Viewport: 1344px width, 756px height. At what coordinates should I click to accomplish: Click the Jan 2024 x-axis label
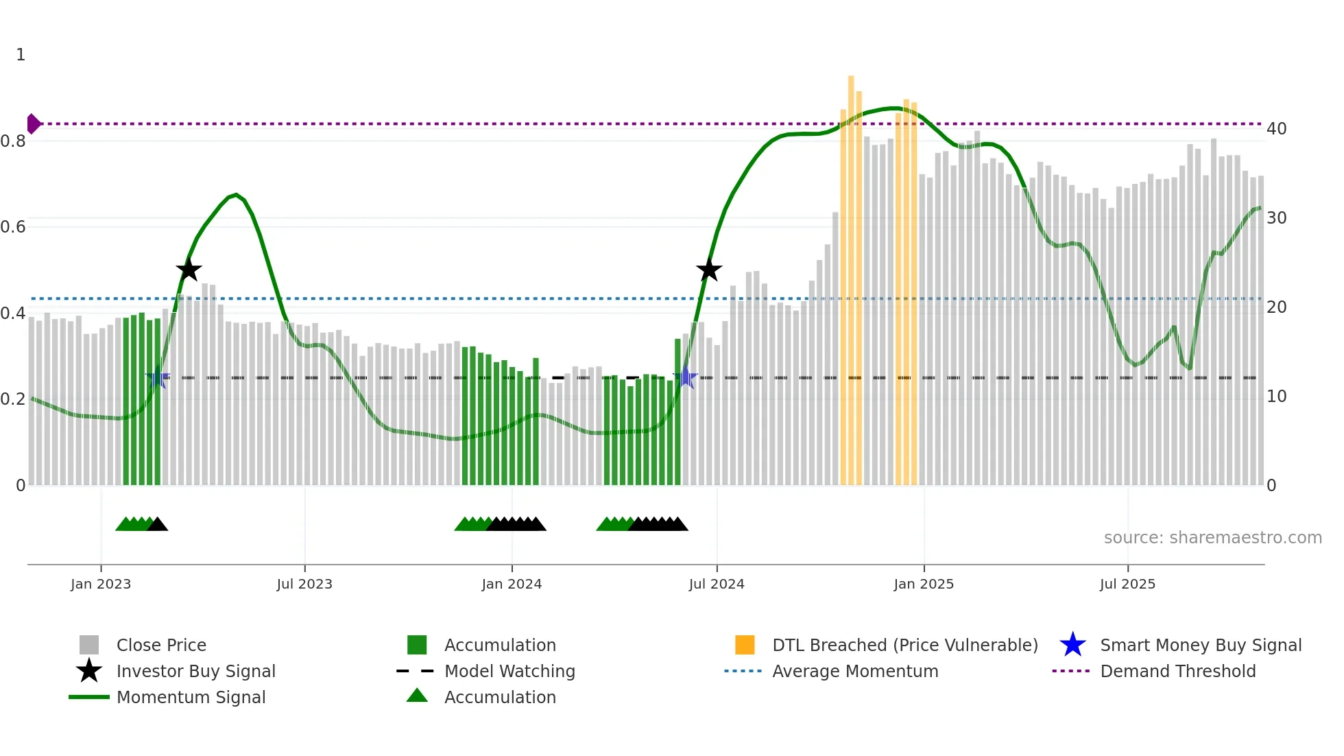click(x=512, y=584)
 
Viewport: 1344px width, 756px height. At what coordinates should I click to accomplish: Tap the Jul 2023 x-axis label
click(x=304, y=584)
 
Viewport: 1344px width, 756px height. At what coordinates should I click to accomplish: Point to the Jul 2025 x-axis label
click(x=1127, y=584)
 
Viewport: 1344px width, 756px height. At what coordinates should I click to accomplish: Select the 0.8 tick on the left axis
click(x=14, y=141)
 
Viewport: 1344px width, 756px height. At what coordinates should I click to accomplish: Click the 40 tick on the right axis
click(x=1276, y=129)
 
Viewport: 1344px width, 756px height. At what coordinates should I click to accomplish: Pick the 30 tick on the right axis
click(x=1276, y=218)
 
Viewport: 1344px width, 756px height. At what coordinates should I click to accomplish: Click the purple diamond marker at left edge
click(x=33, y=124)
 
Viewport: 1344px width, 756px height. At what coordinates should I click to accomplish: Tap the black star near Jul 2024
click(x=709, y=270)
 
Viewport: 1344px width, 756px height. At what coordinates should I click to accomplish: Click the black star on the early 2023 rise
click(x=189, y=270)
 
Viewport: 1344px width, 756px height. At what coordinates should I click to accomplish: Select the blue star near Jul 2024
click(x=686, y=377)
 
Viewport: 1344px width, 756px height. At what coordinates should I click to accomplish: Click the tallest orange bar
click(x=851, y=274)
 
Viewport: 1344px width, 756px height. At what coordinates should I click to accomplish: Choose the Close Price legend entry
click(x=161, y=645)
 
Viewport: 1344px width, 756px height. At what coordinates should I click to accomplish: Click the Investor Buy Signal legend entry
click(x=195, y=671)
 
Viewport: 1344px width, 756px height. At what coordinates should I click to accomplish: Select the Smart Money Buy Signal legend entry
click(x=1200, y=645)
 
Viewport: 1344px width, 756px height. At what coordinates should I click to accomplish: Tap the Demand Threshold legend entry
click(x=1177, y=671)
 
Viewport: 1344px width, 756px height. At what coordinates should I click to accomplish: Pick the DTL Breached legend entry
click(x=904, y=645)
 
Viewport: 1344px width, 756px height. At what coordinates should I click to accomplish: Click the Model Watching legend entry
click(x=509, y=671)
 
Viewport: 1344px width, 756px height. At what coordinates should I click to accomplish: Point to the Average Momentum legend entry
click(x=854, y=671)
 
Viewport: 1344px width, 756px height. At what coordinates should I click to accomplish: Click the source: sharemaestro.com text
click(x=1212, y=537)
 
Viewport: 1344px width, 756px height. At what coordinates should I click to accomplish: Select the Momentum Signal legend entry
click(x=191, y=697)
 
